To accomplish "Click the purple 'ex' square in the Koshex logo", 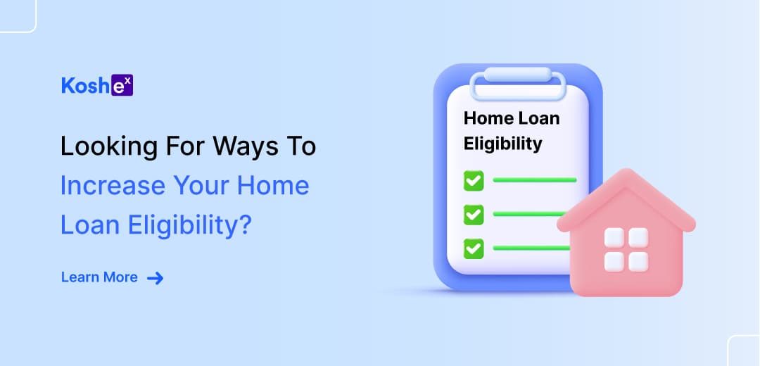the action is click(122, 85).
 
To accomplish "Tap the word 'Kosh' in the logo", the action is click(86, 86).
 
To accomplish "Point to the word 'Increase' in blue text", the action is click(112, 186).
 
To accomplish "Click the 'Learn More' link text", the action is click(99, 277).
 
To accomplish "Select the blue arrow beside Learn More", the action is click(155, 278).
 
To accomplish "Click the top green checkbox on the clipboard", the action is click(474, 180).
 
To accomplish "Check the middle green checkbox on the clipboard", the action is click(474, 214).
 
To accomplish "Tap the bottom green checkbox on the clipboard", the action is click(474, 248).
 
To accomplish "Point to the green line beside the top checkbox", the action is click(535, 180).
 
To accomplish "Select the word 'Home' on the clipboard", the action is click(488, 118).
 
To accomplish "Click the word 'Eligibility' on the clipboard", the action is click(503, 144).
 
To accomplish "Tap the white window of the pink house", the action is click(626, 250).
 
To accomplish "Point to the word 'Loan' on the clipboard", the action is click(539, 118).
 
